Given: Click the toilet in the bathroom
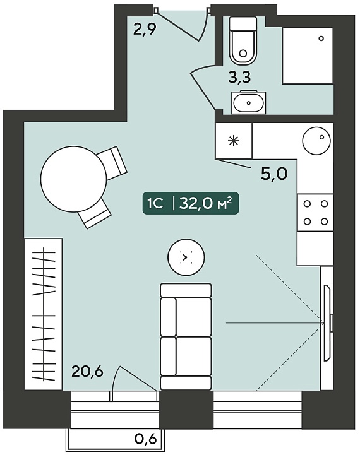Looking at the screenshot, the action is (x=243, y=40).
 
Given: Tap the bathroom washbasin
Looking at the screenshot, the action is (x=248, y=102).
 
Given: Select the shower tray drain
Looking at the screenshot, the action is (x=321, y=38).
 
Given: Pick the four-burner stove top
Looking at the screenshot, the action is (x=315, y=213).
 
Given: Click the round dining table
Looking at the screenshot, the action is (x=74, y=179).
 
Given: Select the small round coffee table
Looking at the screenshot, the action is (x=186, y=257).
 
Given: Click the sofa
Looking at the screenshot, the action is (x=186, y=336).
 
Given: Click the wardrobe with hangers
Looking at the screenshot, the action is (x=43, y=314).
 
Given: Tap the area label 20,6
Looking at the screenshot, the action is (x=87, y=372).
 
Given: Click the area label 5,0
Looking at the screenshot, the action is (x=274, y=174).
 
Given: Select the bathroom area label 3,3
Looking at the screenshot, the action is (x=239, y=78).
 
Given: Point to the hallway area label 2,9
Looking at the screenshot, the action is (x=145, y=29).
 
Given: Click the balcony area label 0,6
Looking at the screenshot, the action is (x=146, y=439).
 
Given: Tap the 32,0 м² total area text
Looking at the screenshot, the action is (x=206, y=204).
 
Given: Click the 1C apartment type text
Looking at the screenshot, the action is (x=155, y=204).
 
